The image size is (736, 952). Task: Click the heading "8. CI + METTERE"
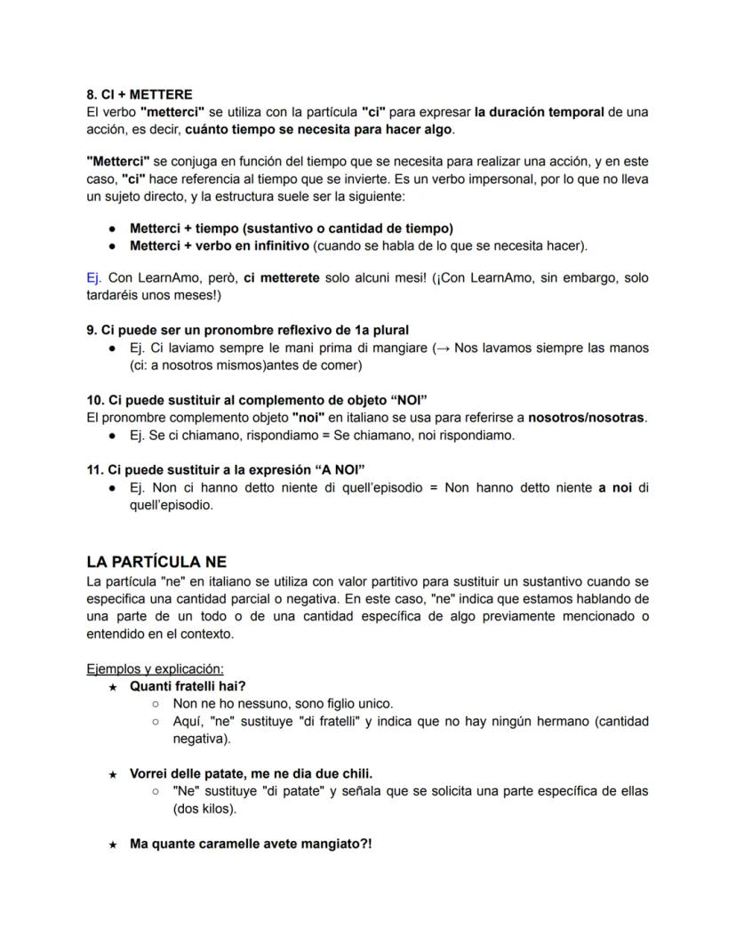point(139,94)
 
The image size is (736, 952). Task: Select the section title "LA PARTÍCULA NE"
point(156,562)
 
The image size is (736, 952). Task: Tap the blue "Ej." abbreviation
point(94,278)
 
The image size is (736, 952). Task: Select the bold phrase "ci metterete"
point(282,278)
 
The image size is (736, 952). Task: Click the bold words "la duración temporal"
point(537,112)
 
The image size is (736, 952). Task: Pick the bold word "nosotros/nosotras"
point(586,418)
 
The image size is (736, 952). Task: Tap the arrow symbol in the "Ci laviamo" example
point(442,348)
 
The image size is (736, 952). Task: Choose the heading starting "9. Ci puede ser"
point(247,330)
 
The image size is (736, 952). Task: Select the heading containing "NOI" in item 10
point(263,400)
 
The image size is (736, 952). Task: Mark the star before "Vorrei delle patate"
point(113,773)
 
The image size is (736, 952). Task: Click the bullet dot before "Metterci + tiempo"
point(113,228)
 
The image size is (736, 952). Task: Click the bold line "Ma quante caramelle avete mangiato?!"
point(250,844)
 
